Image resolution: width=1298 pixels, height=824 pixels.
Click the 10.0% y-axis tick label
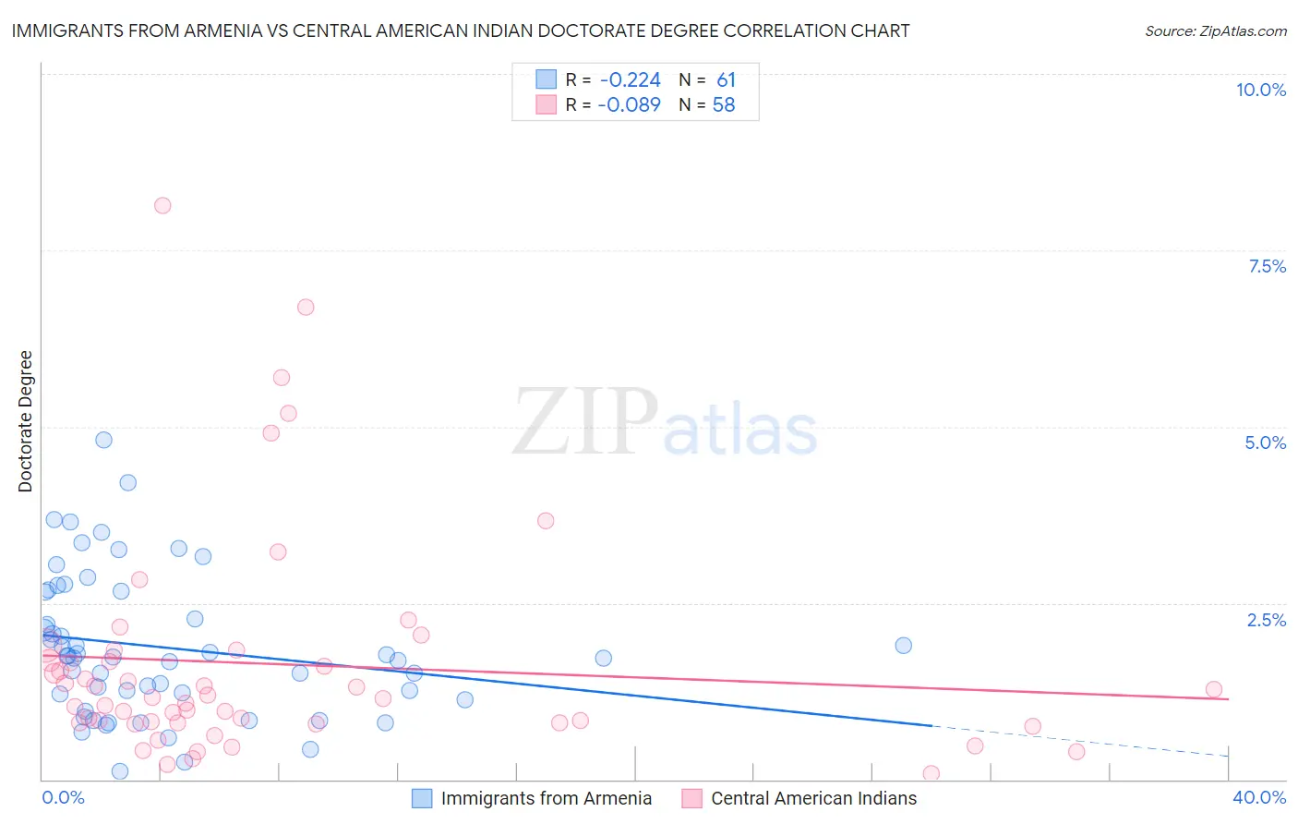pos(1260,90)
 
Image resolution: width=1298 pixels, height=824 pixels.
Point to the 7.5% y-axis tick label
pos(1267,266)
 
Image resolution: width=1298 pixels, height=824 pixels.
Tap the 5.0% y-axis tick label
pos(1265,442)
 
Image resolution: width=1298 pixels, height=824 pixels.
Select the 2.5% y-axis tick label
pos(1267,620)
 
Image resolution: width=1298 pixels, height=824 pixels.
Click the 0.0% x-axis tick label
pos(63,798)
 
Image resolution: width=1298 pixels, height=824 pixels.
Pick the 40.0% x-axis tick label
pos(1259,798)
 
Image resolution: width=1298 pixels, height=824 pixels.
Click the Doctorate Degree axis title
pos(25,421)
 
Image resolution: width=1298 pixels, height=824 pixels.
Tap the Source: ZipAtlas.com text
pos(1215,30)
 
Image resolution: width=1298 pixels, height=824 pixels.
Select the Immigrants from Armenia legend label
pos(546,798)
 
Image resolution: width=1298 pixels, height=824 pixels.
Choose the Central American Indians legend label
pos(813,798)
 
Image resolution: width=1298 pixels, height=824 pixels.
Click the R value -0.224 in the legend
pos(630,80)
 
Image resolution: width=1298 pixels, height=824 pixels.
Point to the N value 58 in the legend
pos(724,105)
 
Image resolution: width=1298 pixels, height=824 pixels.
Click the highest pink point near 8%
pos(162,205)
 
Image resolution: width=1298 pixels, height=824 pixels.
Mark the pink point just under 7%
pos(306,307)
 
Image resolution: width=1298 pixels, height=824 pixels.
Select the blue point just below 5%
pos(103,440)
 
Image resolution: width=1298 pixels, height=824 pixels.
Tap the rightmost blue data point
pos(903,645)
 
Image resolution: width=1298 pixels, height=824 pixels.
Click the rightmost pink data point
pos(1213,689)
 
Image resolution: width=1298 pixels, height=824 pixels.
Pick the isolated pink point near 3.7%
pos(546,520)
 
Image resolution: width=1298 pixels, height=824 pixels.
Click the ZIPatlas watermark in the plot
pos(665,423)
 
